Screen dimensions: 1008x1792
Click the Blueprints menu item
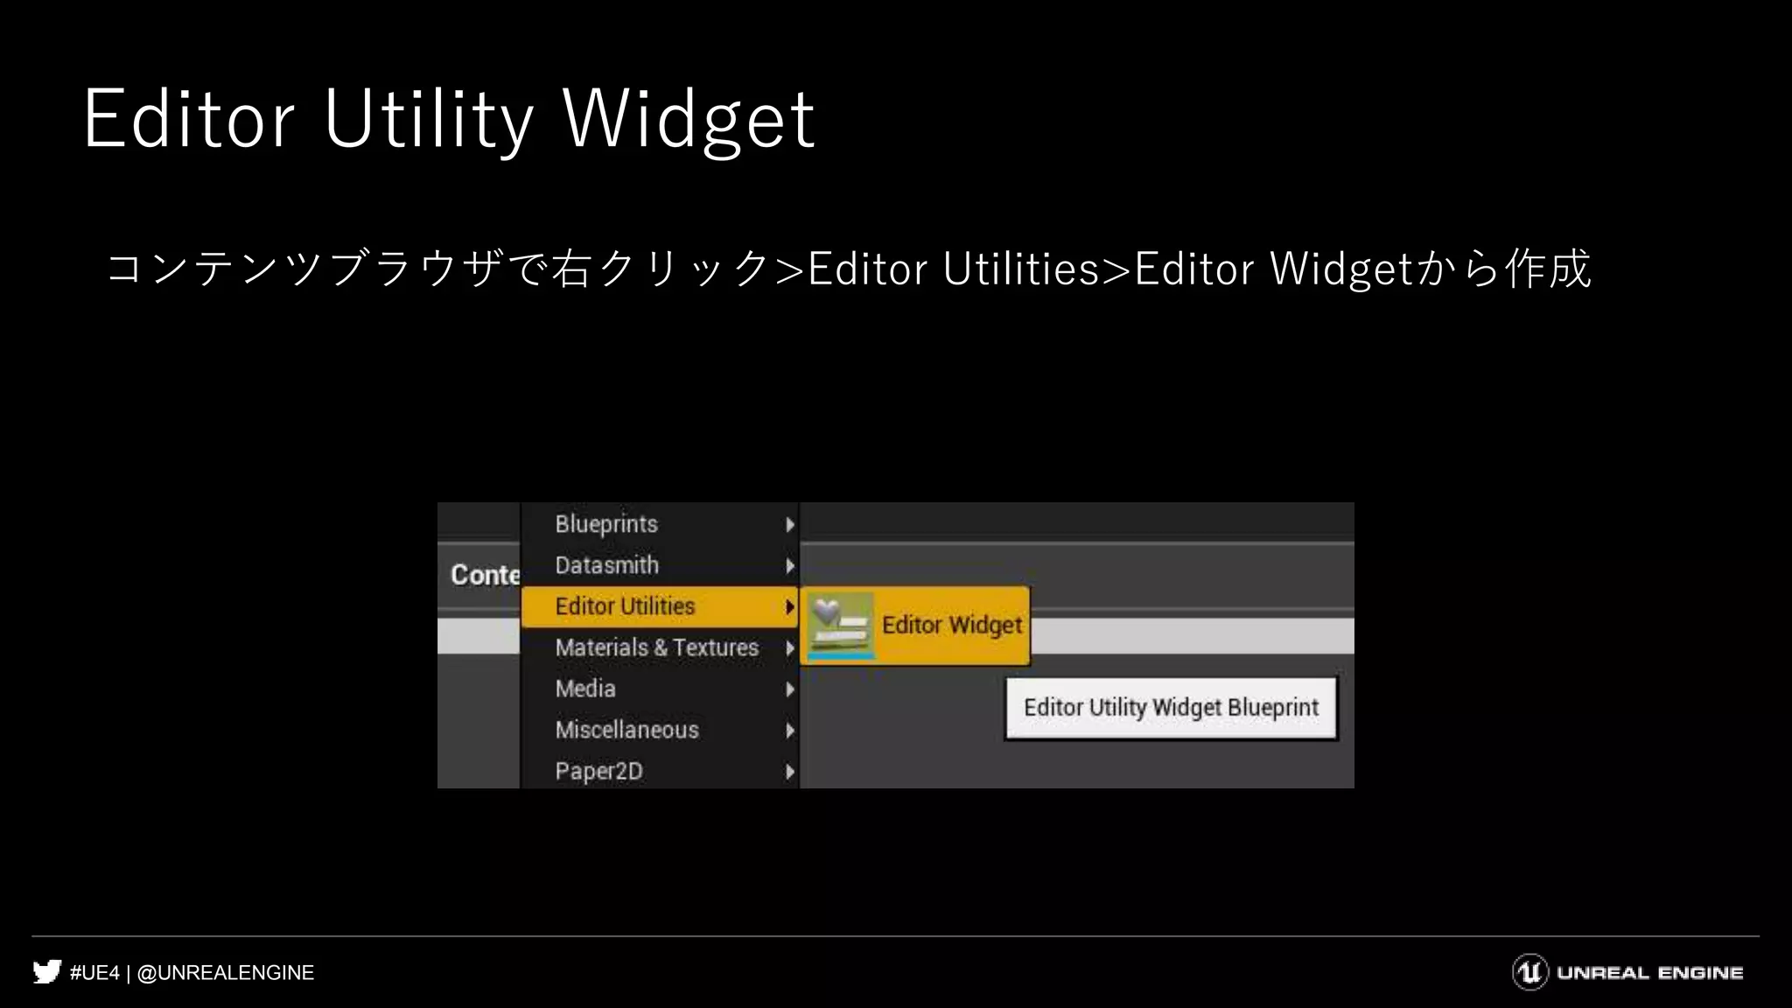pos(606,524)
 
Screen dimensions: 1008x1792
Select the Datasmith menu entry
pos(606,565)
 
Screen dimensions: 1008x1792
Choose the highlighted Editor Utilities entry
pos(625,606)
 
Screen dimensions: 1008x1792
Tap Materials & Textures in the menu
pos(656,647)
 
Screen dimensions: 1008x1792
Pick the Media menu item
pos(585,689)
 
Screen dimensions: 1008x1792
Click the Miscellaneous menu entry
pos(626,730)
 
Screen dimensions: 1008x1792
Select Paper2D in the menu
pos(598,771)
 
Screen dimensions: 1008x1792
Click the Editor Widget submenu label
pos(951,625)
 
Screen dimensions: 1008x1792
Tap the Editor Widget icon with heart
pos(840,625)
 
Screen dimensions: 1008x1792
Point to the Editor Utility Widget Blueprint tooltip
pos(1171,708)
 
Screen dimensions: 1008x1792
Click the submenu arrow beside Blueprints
pos(790,524)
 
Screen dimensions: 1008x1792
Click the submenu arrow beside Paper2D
pos(790,772)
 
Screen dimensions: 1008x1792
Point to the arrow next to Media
pos(790,689)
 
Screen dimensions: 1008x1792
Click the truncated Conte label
pos(485,575)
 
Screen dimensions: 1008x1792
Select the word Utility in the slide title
pos(428,119)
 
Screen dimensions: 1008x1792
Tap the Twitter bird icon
pos(47,972)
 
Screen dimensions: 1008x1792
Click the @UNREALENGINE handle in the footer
pos(226,973)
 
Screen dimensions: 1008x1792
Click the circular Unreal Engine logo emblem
pos(1530,972)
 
